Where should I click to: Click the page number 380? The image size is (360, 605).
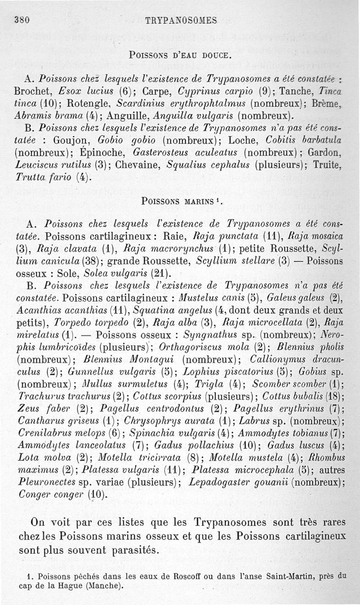pos(22,20)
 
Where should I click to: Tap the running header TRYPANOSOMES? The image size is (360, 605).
pos(181,20)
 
